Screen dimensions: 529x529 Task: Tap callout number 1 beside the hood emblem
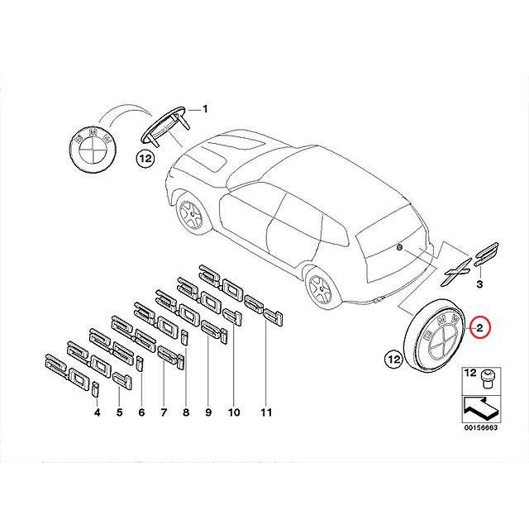(x=206, y=109)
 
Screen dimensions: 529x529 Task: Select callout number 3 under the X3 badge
(x=480, y=284)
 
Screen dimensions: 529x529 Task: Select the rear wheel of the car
(x=320, y=288)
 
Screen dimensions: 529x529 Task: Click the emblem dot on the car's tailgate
(x=400, y=247)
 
